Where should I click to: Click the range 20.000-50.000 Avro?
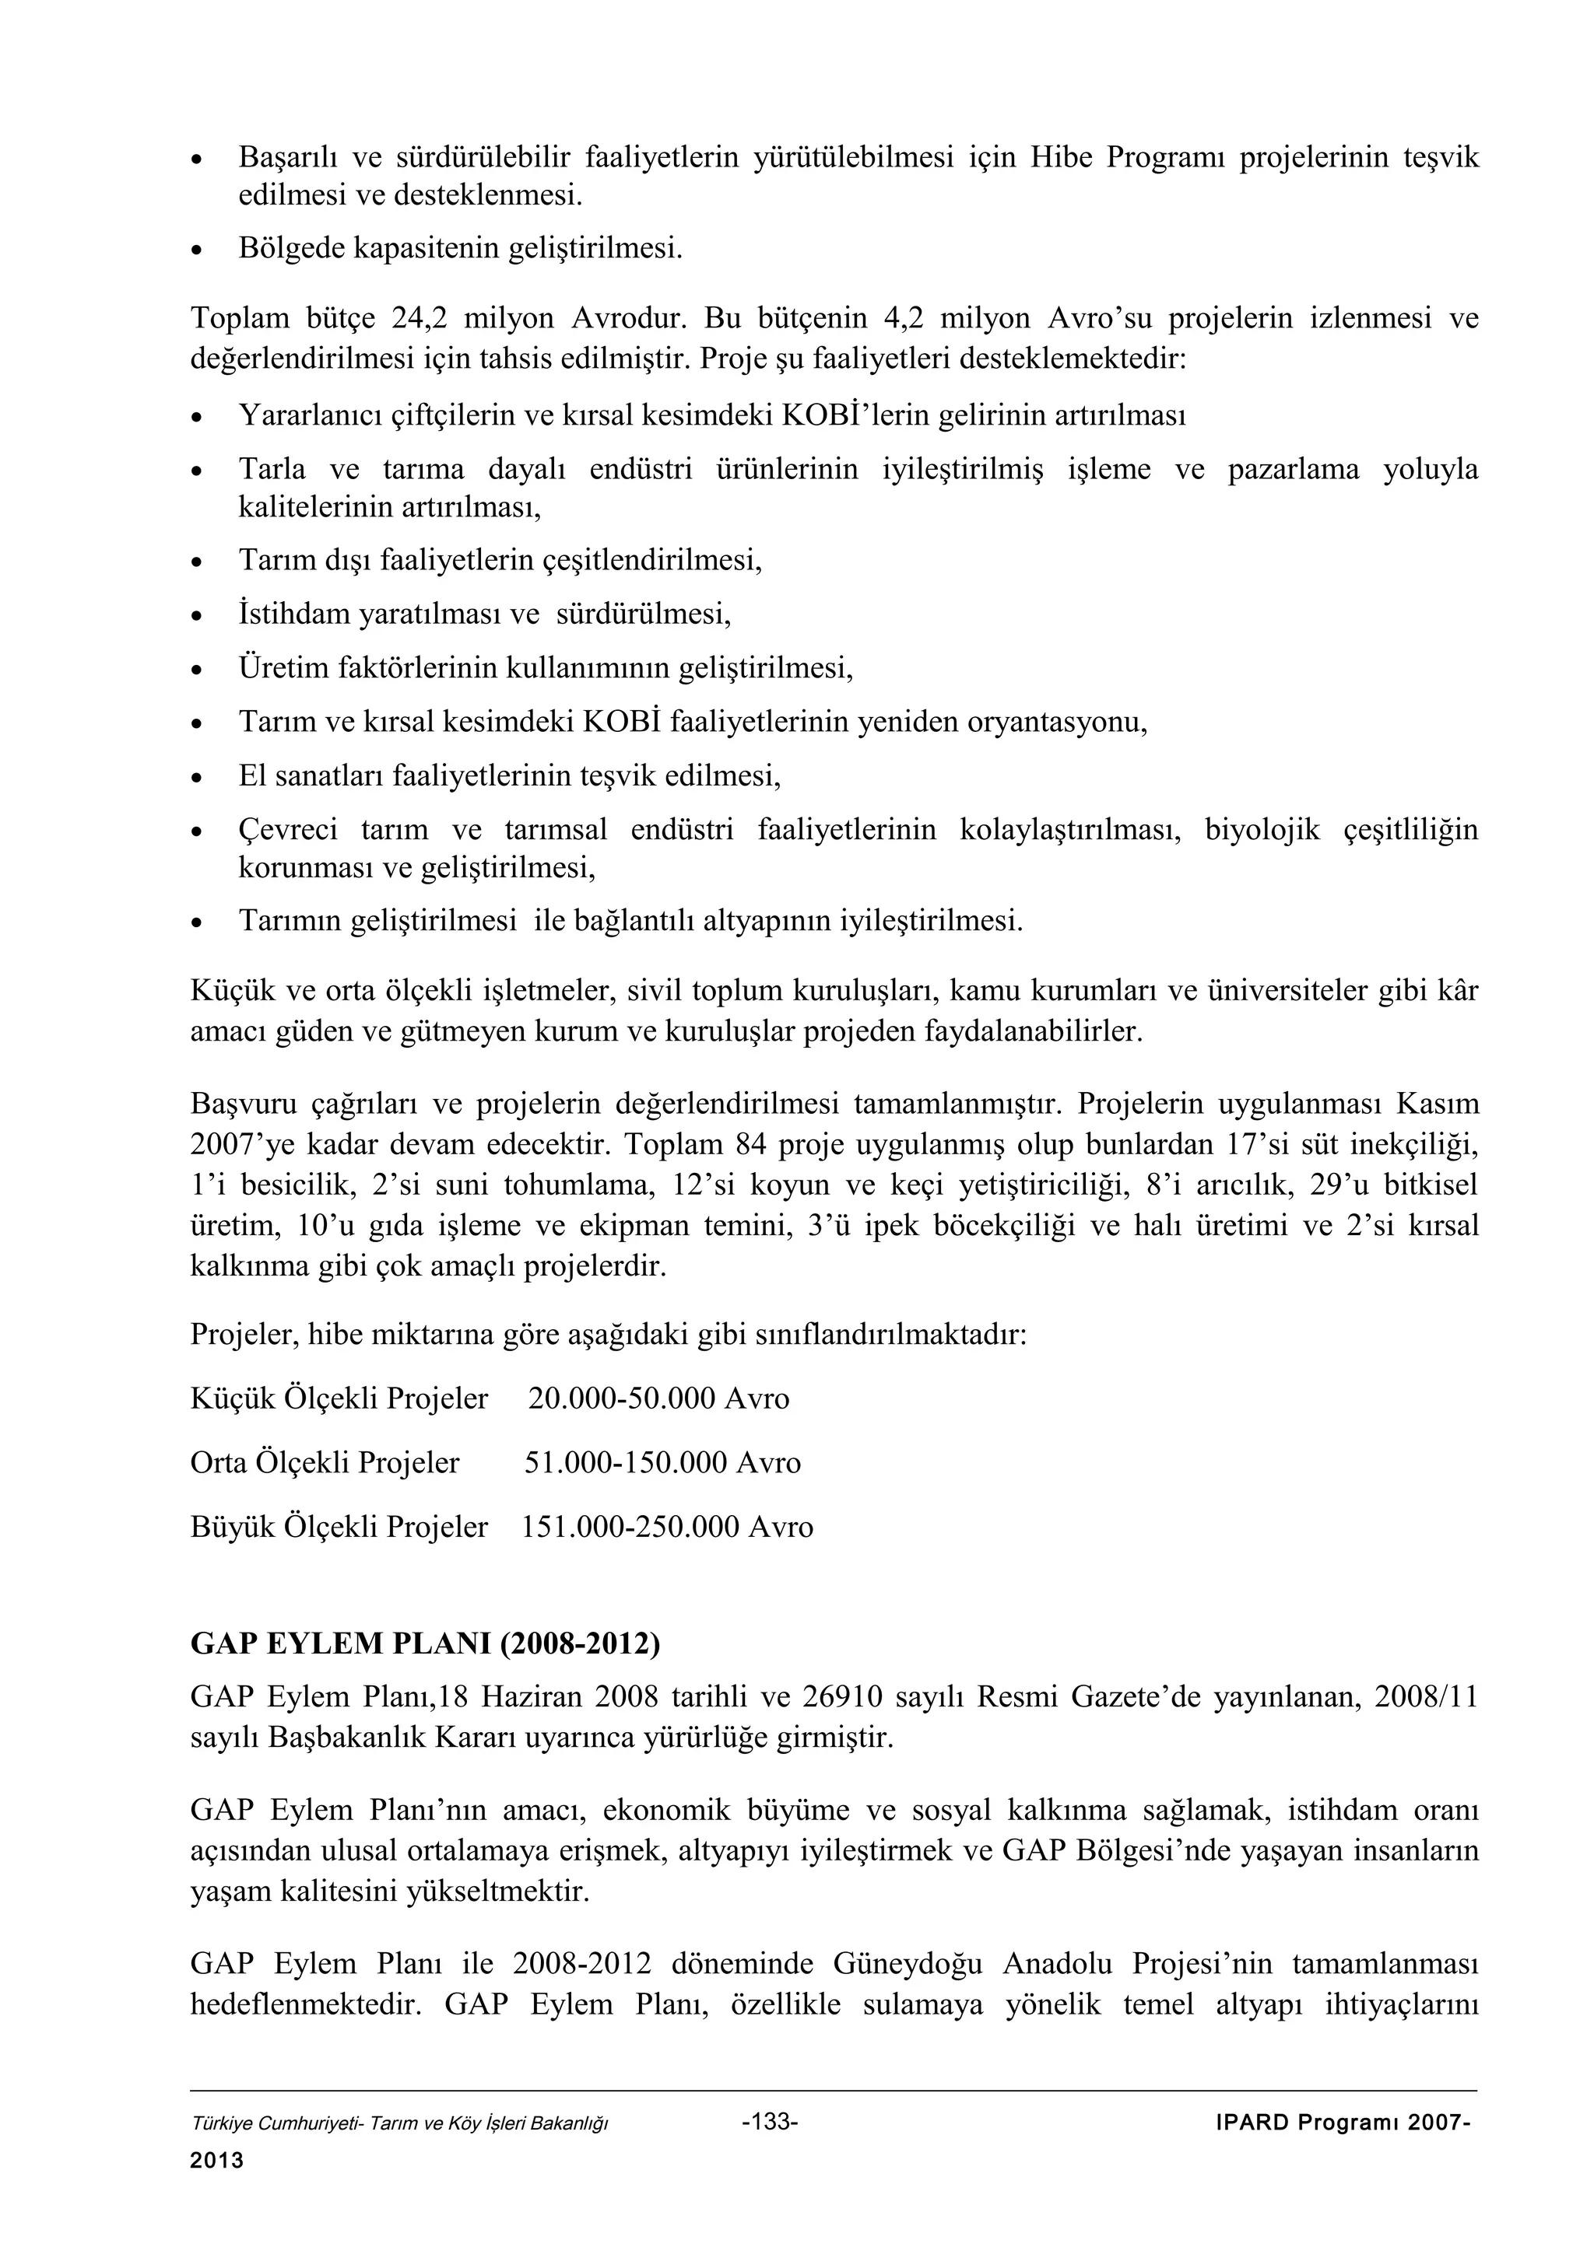(x=658, y=1398)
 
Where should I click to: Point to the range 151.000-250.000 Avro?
(x=667, y=1527)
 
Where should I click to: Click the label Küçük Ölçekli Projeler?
(x=339, y=1398)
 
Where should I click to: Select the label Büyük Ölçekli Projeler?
(x=339, y=1527)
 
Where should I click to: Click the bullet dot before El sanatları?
(x=198, y=779)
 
